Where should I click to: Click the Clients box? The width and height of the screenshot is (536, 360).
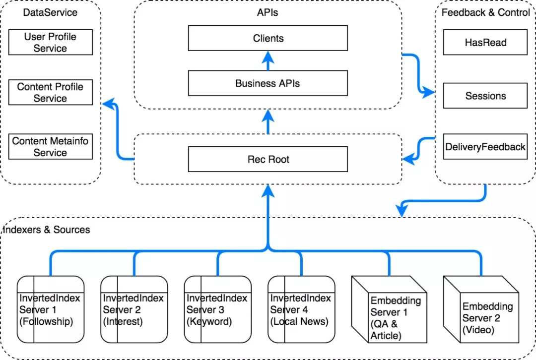click(268, 38)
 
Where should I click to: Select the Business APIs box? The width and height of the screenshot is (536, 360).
click(268, 83)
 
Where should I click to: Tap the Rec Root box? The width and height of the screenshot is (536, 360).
click(268, 160)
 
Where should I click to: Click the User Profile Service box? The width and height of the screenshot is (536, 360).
click(51, 43)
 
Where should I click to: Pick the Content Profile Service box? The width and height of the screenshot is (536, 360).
click(51, 92)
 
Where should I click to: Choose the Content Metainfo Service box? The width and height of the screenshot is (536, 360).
click(51, 147)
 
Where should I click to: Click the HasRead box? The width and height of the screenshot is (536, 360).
click(485, 43)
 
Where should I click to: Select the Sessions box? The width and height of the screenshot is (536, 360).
click(485, 96)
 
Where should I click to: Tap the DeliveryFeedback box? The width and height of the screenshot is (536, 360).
click(485, 147)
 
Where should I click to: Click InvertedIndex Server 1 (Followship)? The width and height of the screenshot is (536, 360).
click(50, 309)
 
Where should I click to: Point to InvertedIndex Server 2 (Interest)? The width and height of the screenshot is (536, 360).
click(134, 309)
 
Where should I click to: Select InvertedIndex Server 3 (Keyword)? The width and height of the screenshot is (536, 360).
click(217, 309)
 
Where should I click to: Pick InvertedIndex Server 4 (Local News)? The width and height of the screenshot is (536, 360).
click(301, 309)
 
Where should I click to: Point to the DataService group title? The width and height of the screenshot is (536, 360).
click(51, 12)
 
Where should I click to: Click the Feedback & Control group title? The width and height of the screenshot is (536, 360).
click(485, 12)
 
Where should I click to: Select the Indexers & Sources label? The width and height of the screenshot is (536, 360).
click(47, 230)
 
